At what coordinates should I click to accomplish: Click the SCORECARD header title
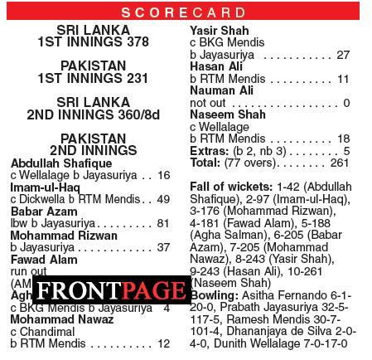click(x=186, y=12)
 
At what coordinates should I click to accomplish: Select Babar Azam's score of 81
click(x=162, y=223)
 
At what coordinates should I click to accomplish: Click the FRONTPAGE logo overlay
click(x=111, y=290)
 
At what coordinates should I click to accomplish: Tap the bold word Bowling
click(x=215, y=295)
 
